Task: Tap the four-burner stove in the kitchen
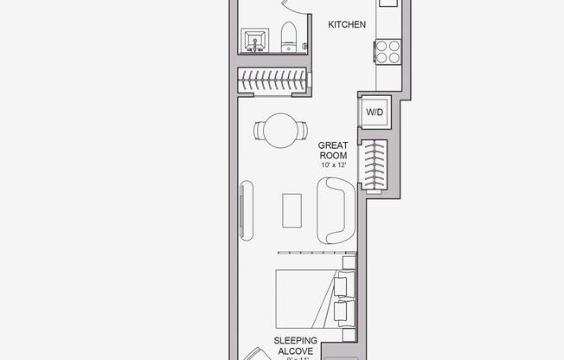click(x=387, y=52)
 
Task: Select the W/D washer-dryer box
click(x=375, y=112)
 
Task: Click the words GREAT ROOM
click(x=333, y=151)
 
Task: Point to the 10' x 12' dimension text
click(x=333, y=164)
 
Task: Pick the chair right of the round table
click(x=302, y=132)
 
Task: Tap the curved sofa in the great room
click(x=335, y=209)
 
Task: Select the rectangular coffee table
click(x=292, y=209)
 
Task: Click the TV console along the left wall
click(x=246, y=209)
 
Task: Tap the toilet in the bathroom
click(x=290, y=37)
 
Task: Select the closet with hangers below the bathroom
click(x=272, y=82)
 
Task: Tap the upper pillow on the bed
click(x=344, y=284)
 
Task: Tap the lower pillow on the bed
click(x=344, y=312)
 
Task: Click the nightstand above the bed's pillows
click(x=348, y=261)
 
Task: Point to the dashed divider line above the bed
click(x=311, y=253)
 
